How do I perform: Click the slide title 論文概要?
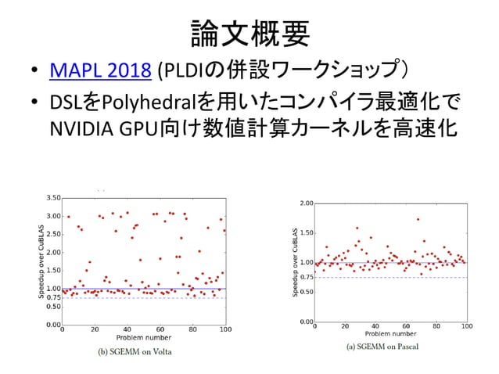(x=249, y=33)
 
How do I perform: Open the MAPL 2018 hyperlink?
(x=99, y=73)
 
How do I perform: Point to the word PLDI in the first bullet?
(x=178, y=73)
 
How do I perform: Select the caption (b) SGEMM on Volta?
(x=134, y=351)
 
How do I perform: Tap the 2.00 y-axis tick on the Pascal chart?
(x=307, y=203)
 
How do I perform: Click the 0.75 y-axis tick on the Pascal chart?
(x=307, y=277)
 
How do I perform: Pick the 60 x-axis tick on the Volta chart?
(x=160, y=329)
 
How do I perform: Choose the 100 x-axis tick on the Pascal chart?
(x=468, y=325)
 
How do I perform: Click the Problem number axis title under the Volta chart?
(x=144, y=338)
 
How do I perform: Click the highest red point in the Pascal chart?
(x=418, y=219)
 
